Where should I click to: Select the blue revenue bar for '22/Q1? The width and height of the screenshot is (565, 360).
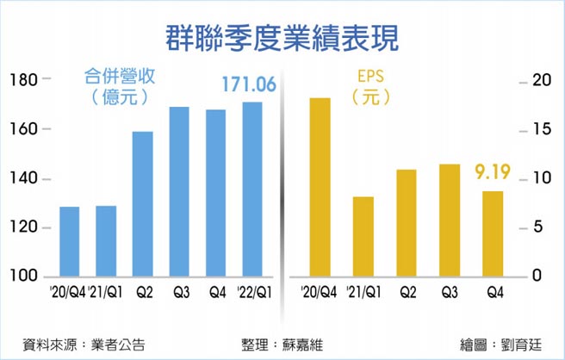[252, 189]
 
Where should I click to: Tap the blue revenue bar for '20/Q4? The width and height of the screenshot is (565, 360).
[70, 242]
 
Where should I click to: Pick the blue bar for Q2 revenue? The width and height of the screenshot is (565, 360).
[143, 204]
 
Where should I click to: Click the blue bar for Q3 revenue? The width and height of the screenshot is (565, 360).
[179, 191]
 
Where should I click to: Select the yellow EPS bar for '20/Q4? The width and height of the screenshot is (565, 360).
[320, 187]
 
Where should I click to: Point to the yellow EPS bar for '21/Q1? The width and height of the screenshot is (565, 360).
[363, 237]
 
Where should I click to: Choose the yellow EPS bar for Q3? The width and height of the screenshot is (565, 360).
[449, 220]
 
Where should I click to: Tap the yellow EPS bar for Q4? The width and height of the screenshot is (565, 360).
[493, 233]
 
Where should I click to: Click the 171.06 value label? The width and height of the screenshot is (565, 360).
[249, 84]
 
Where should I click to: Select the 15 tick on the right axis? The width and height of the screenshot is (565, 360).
[539, 129]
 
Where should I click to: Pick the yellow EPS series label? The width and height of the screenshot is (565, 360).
[371, 75]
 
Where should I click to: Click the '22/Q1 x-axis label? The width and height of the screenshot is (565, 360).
[252, 293]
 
